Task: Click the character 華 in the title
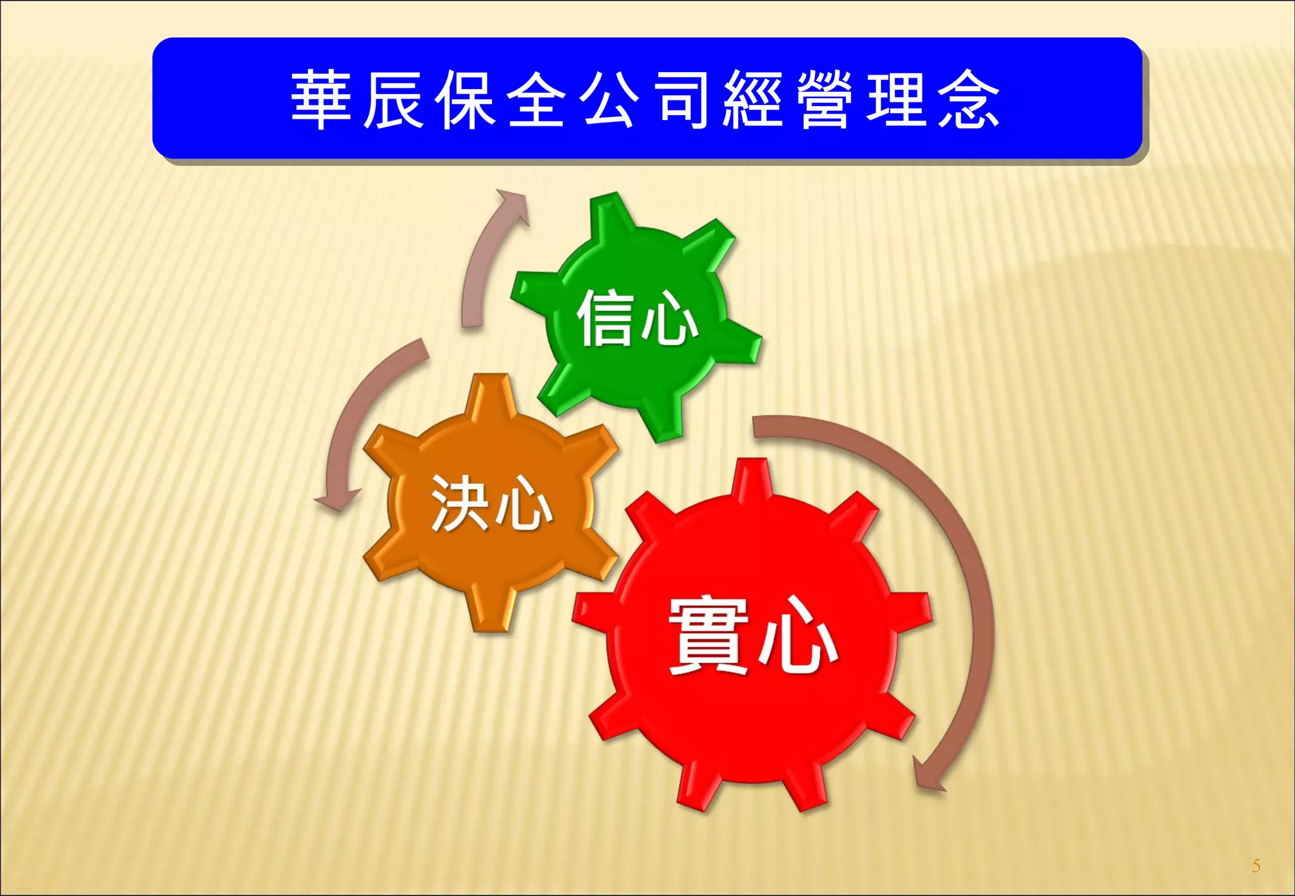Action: [321, 100]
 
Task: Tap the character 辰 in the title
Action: [393, 100]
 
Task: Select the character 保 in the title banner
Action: [465, 100]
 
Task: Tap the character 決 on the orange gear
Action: [460, 503]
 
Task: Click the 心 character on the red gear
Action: [798, 637]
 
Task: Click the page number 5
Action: [1256, 866]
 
